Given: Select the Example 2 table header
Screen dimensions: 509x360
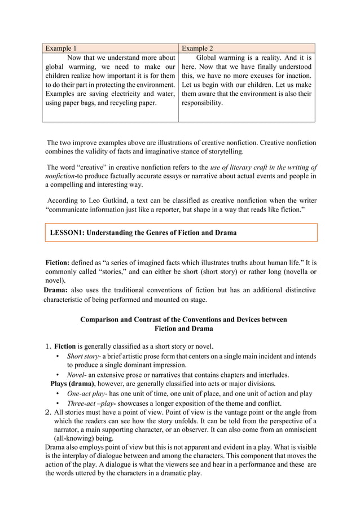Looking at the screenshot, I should pos(197,49).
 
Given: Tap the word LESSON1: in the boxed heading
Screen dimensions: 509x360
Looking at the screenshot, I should pos(71,232).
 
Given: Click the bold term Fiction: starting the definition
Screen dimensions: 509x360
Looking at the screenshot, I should pos(57,262).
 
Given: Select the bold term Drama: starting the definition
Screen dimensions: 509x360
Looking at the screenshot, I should pos(56,290).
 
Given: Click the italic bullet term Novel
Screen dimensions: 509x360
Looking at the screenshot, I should pos(76,375).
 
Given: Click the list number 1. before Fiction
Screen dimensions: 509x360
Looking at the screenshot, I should pos(48,346).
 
